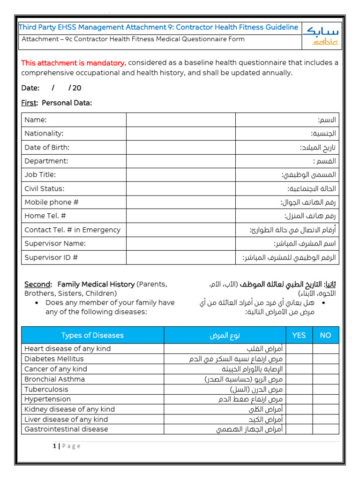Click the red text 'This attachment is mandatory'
pyautogui.click(x=73, y=63)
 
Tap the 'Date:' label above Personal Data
pyautogui.click(x=30, y=88)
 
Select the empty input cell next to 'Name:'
pyautogui.click(x=180, y=120)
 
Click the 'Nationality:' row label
pyautogui.click(x=44, y=134)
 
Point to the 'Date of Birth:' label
pyautogui.click(x=47, y=147)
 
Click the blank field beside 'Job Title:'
pyautogui.click(x=180, y=175)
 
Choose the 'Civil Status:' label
pyautogui.click(x=45, y=188)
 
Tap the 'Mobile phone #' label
pyautogui.click(x=51, y=202)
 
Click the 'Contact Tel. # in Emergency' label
pyautogui.click(x=72, y=230)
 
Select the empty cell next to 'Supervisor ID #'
pyautogui.click(x=180, y=257)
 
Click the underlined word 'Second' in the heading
pyautogui.click(x=37, y=285)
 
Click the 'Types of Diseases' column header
pyautogui.click(x=92, y=335)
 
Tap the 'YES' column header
pyautogui.click(x=299, y=335)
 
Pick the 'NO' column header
pyautogui.click(x=325, y=335)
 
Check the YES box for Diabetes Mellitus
pyautogui.click(x=299, y=359)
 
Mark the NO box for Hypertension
pyautogui.click(x=325, y=399)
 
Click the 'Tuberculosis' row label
pyautogui.click(x=46, y=389)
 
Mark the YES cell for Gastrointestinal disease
pyautogui.click(x=299, y=429)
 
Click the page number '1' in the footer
pyautogui.click(x=54, y=446)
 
